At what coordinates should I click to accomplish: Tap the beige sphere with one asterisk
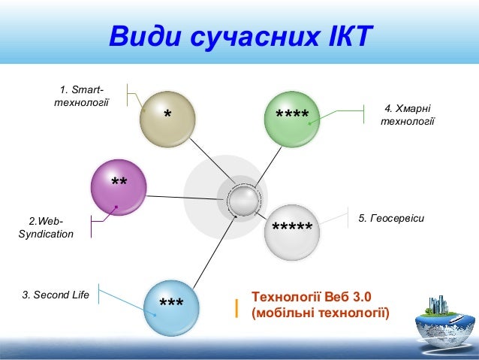point(167,116)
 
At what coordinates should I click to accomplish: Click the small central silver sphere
point(243,201)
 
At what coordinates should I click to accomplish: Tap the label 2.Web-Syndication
point(46,228)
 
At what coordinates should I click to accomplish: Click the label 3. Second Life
point(56,295)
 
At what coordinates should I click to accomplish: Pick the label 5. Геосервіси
point(391,218)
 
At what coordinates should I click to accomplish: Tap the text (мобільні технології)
point(321,313)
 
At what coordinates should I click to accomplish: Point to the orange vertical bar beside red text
point(236,306)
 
